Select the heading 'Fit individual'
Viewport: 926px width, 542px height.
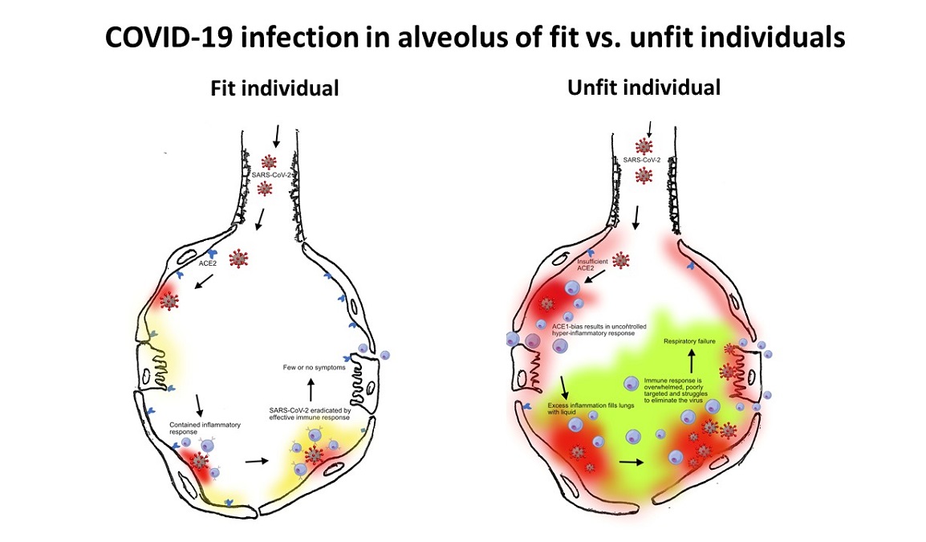pos(274,88)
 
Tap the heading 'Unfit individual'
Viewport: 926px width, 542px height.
pos(644,87)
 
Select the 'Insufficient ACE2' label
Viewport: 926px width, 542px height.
pos(594,264)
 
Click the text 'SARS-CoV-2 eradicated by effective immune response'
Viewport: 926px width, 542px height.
pos(311,414)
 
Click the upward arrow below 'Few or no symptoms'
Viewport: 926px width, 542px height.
pos(311,387)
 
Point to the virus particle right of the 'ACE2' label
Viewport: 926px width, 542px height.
pos(238,259)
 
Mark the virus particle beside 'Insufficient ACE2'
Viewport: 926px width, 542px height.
pos(620,259)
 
